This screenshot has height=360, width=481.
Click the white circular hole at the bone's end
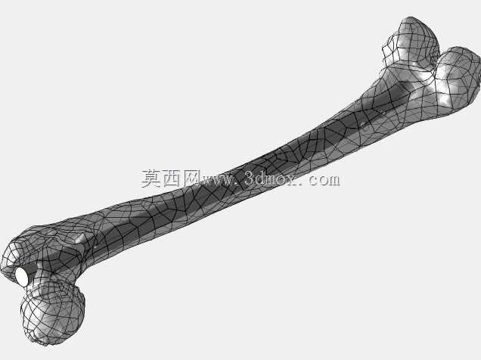(x=22, y=276)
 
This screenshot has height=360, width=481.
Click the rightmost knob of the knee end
(x=457, y=79)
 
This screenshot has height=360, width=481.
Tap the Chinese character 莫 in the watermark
(x=151, y=178)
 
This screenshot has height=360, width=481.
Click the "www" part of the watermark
(x=216, y=180)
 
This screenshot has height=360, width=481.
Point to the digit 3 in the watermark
(x=250, y=178)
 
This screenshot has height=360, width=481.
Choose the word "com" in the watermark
(x=324, y=180)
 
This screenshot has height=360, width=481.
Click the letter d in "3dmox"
(x=261, y=178)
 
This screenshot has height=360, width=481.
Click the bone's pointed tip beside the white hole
(x=4, y=270)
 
